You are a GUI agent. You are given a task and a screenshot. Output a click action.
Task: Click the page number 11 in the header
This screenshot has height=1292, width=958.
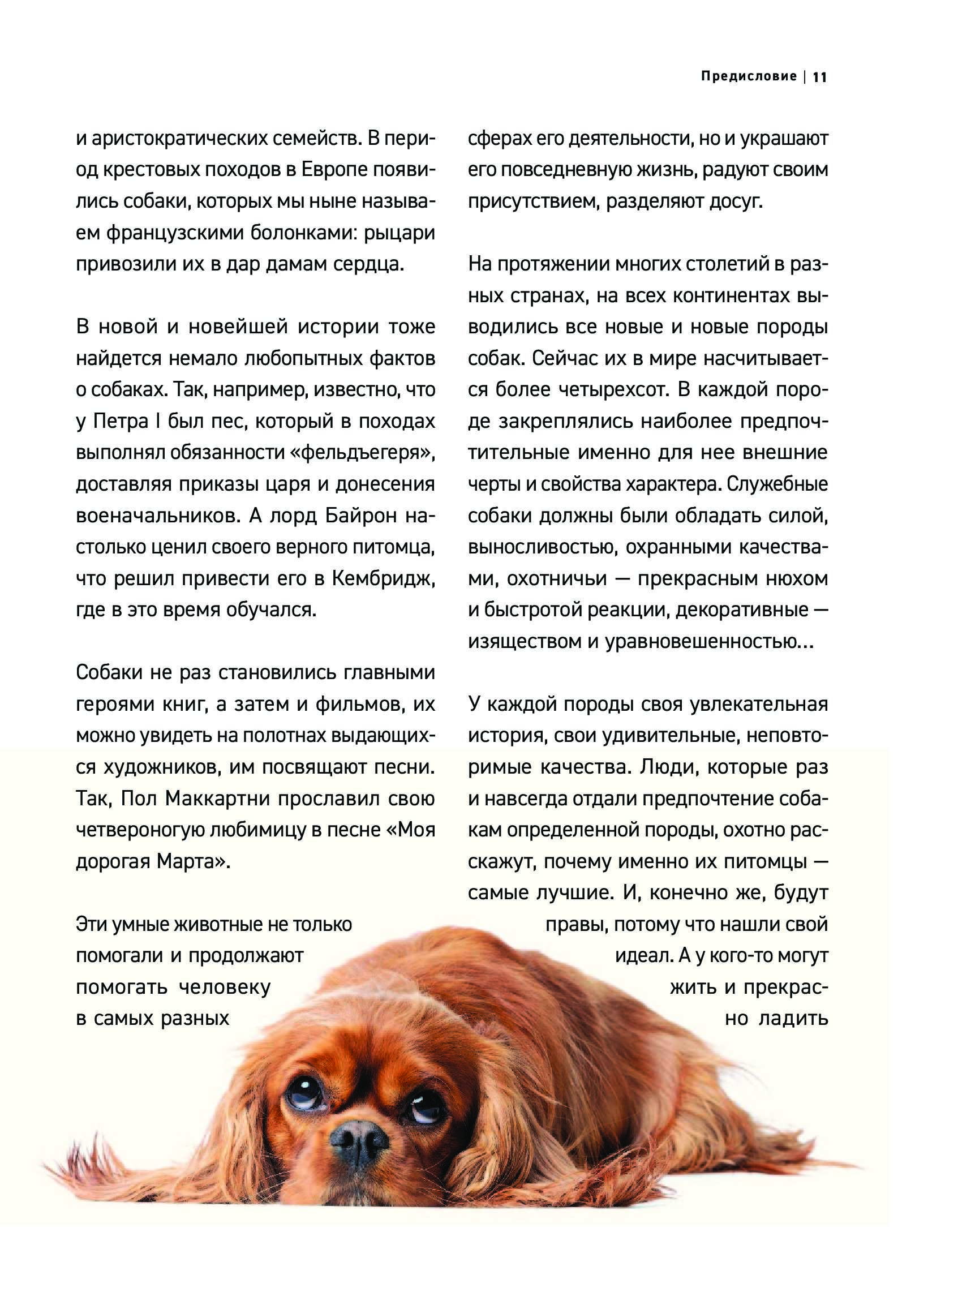point(820,77)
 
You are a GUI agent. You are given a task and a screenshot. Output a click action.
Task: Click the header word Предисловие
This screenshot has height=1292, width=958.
point(749,76)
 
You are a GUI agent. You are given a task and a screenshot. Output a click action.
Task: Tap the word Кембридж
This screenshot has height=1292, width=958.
point(383,578)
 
